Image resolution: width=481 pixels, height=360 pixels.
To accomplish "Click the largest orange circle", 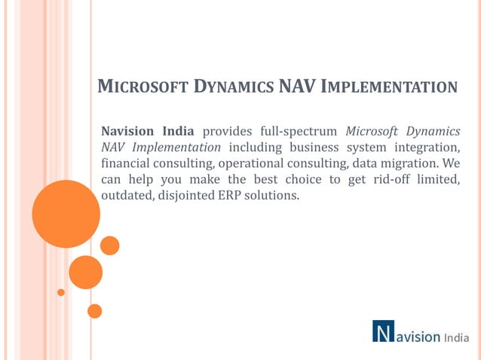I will coord(66,214).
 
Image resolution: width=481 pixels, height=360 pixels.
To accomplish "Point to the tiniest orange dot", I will coord(61,292).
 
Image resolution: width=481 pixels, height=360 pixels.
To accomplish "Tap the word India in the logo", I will coord(456,337).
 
